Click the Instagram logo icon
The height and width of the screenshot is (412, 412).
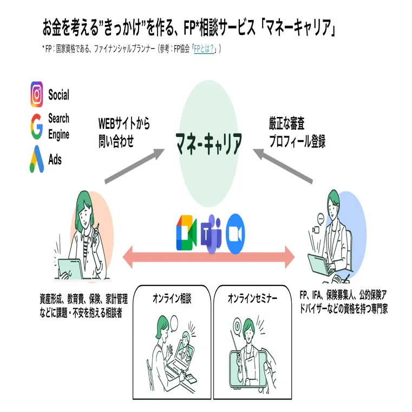(37, 94)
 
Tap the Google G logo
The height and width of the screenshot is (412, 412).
(36, 126)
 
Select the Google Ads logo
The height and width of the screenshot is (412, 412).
(36, 159)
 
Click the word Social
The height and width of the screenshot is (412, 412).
(59, 95)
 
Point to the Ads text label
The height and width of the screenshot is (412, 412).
(55, 160)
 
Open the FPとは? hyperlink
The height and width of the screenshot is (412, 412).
(204, 49)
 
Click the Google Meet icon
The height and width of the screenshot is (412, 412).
(186, 232)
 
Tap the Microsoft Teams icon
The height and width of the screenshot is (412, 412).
(211, 234)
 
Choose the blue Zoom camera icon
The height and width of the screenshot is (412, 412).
(236, 234)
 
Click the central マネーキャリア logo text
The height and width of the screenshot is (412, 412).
(209, 143)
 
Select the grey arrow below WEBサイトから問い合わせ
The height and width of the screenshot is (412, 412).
(134, 166)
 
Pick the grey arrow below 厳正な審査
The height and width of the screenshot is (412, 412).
(283, 166)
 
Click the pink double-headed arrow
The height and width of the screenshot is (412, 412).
(208, 257)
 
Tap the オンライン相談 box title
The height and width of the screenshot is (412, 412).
(172, 299)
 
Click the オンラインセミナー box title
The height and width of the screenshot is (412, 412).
(252, 298)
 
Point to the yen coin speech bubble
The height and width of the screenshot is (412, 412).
(237, 328)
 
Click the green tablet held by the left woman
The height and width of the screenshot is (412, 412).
(70, 269)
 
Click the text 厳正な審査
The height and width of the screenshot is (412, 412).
(286, 124)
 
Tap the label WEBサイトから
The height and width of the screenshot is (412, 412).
(124, 123)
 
